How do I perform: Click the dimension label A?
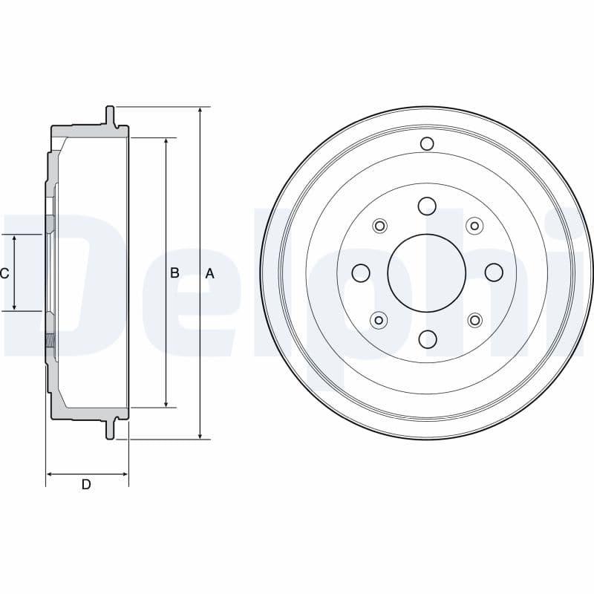click(209, 273)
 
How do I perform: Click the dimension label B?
click(174, 272)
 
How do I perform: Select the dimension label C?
click(4, 273)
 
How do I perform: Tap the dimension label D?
click(86, 484)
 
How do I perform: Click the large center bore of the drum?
click(426, 272)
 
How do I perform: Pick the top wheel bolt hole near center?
click(427, 206)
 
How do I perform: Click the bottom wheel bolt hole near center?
click(428, 339)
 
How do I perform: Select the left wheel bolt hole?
click(361, 272)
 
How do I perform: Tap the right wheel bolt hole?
click(494, 272)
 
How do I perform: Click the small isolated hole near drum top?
click(427, 143)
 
